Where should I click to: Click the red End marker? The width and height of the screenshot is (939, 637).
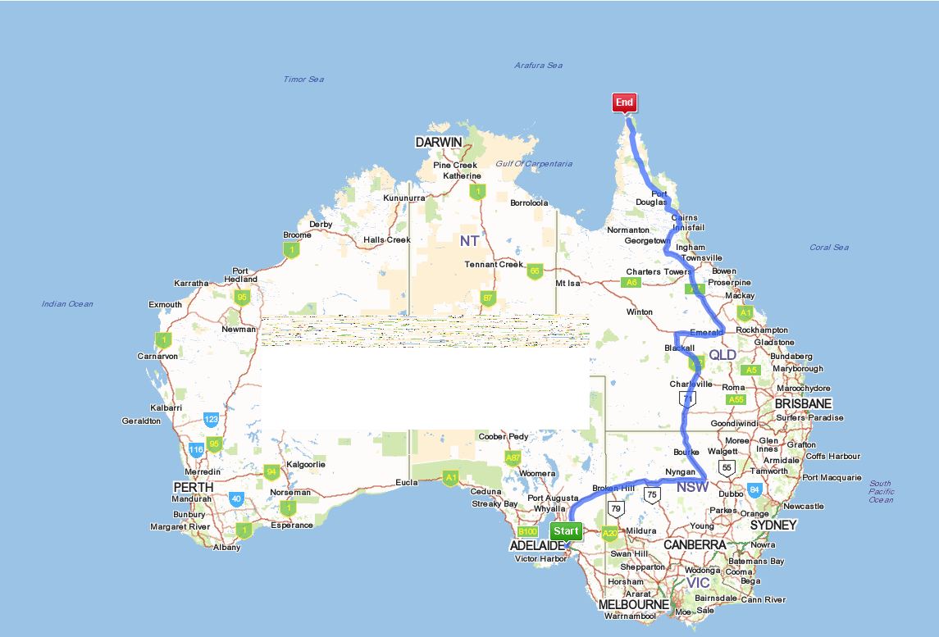[624, 102]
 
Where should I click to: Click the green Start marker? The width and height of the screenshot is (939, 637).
[566, 531]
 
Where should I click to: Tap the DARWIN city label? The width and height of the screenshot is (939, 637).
[439, 142]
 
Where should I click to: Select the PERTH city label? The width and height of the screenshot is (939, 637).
[194, 487]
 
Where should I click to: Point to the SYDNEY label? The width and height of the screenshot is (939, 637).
[773, 525]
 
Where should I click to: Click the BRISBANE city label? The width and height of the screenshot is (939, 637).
[804, 403]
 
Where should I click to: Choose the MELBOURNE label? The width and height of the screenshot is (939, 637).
[634, 605]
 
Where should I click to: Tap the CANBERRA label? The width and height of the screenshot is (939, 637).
[695, 544]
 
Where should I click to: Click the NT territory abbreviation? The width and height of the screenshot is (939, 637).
[469, 240]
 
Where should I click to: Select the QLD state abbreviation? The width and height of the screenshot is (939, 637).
[722, 355]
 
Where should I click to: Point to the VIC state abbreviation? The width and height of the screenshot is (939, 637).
[698, 582]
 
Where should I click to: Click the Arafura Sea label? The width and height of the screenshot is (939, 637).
[539, 66]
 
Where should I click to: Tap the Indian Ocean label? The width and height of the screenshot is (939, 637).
[67, 304]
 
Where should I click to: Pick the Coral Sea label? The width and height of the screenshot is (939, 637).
[829, 247]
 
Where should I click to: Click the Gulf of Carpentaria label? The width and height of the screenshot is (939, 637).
[534, 164]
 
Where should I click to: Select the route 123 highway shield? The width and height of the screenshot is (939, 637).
[212, 419]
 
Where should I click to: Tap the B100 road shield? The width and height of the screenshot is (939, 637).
[528, 532]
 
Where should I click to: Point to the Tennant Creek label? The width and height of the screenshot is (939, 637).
[494, 264]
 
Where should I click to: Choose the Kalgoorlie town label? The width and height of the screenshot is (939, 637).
[305, 464]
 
